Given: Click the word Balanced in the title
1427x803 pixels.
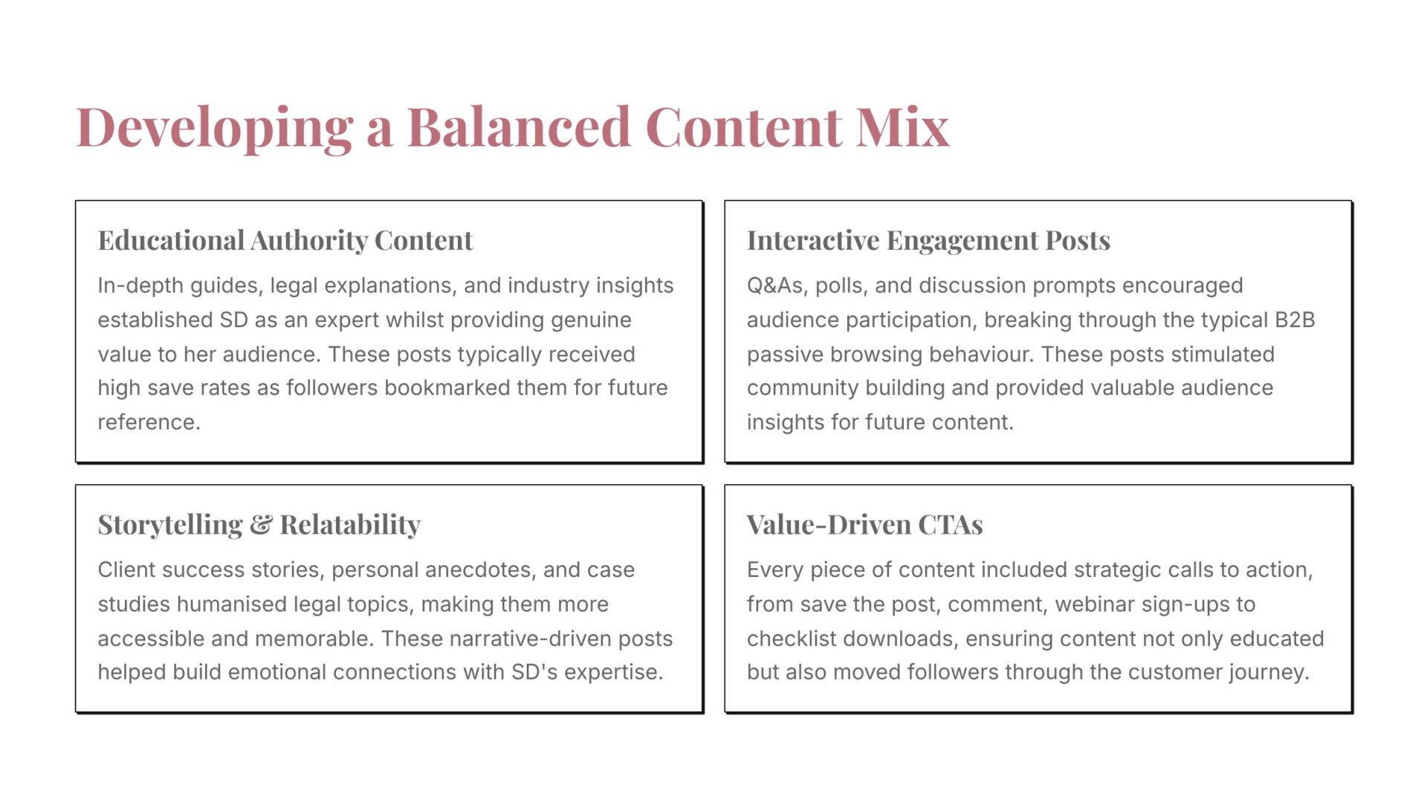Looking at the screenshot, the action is click(x=519, y=126).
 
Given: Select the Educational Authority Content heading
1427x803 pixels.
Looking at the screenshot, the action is click(x=285, y=240).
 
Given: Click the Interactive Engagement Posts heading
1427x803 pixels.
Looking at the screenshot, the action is click(x=928, y=241).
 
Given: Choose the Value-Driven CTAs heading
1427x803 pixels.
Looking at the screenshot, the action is click(x=865, y=525).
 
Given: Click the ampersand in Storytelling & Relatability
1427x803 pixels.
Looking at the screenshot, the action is click(x=261, y=525).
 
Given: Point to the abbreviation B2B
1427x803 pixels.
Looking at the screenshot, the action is click(x=1295, y=320).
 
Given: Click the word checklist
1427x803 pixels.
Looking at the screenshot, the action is click(x=789, y=638).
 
